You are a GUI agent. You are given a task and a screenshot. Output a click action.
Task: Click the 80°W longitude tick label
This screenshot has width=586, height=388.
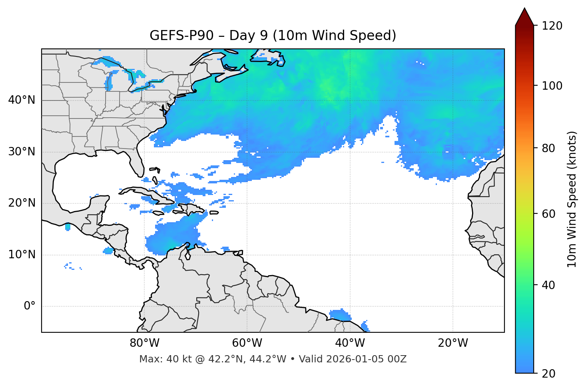[x=144, y=343]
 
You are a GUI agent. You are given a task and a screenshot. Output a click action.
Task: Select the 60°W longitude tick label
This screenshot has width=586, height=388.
[x=247, y=343]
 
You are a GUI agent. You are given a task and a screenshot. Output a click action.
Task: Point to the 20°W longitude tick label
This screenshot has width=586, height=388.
[x=452, y=343]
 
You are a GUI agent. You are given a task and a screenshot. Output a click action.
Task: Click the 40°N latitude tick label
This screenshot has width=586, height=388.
[x=22, y=100]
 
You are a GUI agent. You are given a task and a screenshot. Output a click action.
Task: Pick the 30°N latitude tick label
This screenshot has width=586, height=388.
[x=22, y=152]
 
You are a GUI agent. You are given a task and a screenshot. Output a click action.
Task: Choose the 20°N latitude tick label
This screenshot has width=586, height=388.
[x=22, y=203]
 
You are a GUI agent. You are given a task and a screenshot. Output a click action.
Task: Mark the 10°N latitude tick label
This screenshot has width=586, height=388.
[x=22, y=255]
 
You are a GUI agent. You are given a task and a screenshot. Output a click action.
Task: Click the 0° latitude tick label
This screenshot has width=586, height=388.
[x=30, y=306]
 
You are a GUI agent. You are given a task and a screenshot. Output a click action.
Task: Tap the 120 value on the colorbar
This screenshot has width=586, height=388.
[x=552, y=26]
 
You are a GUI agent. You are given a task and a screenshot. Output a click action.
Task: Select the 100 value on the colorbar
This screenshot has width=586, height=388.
[x=552, y=86]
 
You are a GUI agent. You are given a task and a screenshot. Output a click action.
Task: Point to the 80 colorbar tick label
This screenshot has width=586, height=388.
[x=549, y=148]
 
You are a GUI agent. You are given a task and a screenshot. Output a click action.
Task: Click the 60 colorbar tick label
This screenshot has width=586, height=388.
[x=549, y=214]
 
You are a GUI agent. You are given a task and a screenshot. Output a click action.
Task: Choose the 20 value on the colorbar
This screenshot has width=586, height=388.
[x=549, y=374]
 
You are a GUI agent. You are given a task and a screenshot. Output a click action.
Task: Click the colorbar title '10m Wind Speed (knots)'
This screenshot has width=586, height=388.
[x=572, y=199]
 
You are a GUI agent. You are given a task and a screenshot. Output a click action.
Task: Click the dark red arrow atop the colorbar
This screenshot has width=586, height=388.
[x=524, y=17]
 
